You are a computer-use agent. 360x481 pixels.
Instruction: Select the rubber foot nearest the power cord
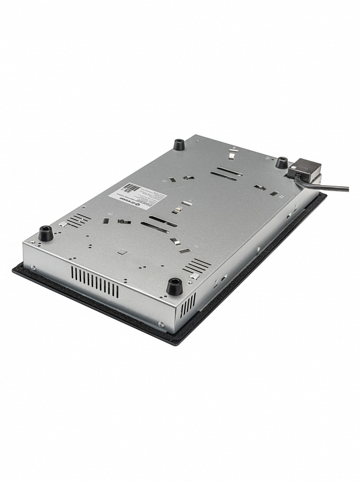(x=281, y=162)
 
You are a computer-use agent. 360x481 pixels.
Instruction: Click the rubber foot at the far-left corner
(x=46, y=233)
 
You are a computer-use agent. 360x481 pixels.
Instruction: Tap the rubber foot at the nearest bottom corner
(x=174, y=286)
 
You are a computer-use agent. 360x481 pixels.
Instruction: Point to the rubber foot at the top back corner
(x=179, y=145)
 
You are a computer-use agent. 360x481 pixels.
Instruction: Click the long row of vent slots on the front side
(x=95, y=281)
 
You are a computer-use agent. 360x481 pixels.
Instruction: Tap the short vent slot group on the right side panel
(x=188, y=305)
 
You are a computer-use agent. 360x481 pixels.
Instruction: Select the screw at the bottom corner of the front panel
(x=161, y=325)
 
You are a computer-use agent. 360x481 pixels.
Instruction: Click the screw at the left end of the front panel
(x=33, y=267)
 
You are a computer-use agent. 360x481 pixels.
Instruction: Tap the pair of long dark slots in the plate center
(x=159, y=223)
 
